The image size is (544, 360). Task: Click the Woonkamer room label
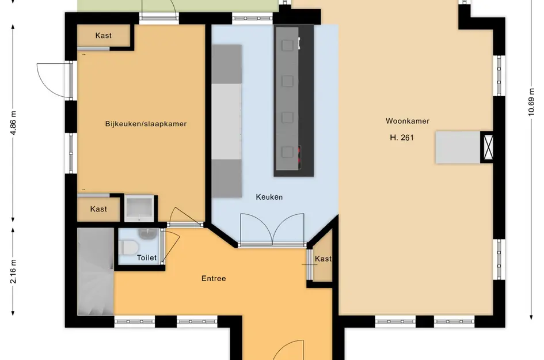tap(408, 121)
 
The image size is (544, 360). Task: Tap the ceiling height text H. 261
tap(402, 138)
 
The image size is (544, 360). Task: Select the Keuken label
tap(269, 197)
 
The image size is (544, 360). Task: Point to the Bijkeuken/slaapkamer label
tap(146, 124)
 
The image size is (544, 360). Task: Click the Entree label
tap(214, 279)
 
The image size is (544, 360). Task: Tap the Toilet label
tap(146, 258)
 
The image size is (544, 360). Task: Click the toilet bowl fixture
tap(130, 247)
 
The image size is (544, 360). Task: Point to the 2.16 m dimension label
tap(13, 271)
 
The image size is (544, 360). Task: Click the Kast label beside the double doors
tap(323, 259)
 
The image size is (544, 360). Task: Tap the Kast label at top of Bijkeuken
tap(104, 36)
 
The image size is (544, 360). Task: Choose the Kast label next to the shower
tap(98, 209)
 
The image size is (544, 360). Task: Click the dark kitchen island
tap(294, 100)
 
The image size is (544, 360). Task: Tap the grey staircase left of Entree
tap(95, 271)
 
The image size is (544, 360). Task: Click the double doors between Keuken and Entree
tap(272, 229)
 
